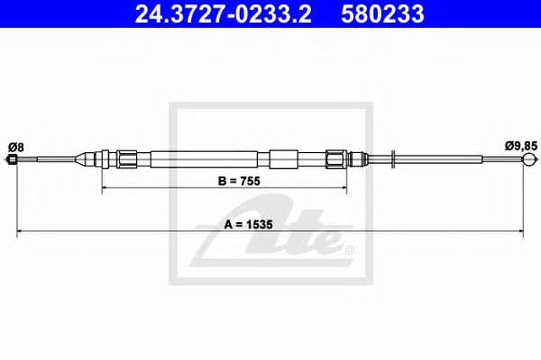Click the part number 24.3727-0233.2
223,14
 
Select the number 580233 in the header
382,14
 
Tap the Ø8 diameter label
16,148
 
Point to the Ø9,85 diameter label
521,146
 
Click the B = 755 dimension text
239,181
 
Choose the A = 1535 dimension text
249,225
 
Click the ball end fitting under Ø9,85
529,159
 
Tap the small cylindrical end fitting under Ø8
12,160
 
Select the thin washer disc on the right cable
392,159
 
